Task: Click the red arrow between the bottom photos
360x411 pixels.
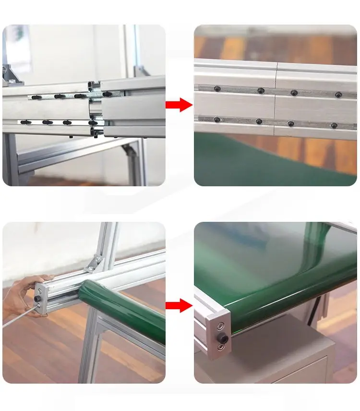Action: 179,305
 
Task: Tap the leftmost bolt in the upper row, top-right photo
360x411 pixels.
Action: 217,89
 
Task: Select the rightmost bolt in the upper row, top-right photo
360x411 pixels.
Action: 338,95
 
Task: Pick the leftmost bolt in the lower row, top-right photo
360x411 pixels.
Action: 217,120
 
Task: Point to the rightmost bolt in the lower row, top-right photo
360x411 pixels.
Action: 334,125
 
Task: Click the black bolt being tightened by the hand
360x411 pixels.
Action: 36,299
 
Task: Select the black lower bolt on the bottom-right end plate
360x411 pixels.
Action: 221,339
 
